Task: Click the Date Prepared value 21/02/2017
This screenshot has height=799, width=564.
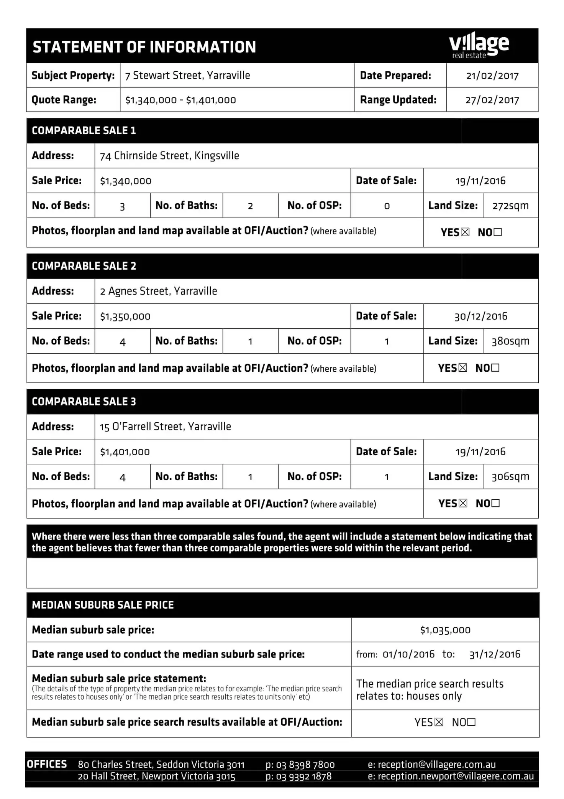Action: pos(492,76)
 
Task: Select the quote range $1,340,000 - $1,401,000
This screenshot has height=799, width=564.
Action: pos(180,100)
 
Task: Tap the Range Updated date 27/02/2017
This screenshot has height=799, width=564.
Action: pos(492,100)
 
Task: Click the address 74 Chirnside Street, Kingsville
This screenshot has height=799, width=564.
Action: pos(169,156)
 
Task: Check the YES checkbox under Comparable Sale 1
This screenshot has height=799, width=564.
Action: pos(465,232)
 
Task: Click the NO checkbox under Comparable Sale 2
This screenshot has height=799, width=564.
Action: pos(495,368)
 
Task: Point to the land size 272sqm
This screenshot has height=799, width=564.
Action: pos(510,206)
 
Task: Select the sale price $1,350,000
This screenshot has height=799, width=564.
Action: pos(125,316)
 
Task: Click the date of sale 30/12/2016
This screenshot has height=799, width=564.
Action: pos(480,316)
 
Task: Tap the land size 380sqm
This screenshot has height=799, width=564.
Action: pos(510,341)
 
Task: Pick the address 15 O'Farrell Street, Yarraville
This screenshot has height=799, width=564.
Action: pos(166,427)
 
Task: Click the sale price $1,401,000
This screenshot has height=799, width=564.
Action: pos(125,452)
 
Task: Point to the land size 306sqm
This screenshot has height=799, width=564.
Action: pos(510,477)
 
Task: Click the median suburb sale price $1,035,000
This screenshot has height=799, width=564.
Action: pos(445,630)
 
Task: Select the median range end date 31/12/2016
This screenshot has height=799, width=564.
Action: pos(495,654)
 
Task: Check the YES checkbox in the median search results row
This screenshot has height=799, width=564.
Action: pos(439,722)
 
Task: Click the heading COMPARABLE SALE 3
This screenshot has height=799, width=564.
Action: pos(84,402)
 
